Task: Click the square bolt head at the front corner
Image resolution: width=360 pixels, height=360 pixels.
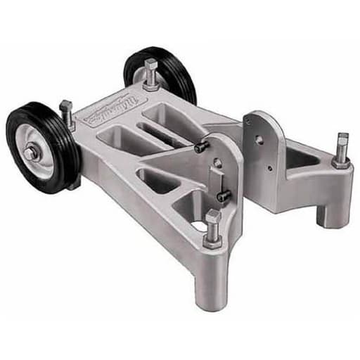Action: click(213, 218)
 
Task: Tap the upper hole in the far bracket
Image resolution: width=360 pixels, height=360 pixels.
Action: click(259, 139)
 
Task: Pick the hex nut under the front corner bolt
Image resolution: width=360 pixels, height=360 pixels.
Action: click(212, 239)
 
